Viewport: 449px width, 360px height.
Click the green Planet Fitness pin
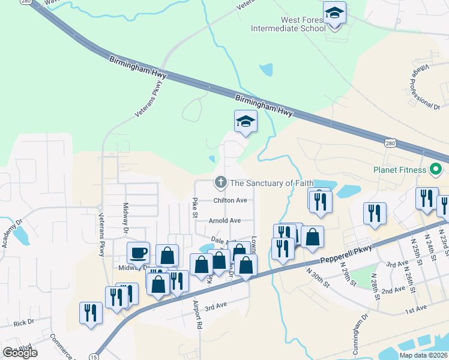click(x=436, y=170)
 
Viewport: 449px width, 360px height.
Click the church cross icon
click(x=221, y=182)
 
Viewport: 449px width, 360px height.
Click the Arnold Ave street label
click(x=224, y=220)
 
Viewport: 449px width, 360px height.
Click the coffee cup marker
click(x=138, y=253)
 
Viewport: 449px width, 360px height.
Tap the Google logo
click(x=20, y=353)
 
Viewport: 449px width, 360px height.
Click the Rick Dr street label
click(x=24, y=322)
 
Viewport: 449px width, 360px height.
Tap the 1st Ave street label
click(x=415, y=309)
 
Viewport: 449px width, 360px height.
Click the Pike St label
click(x=194, y=206)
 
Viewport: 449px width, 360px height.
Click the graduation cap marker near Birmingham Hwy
click(x=246, y=122)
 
